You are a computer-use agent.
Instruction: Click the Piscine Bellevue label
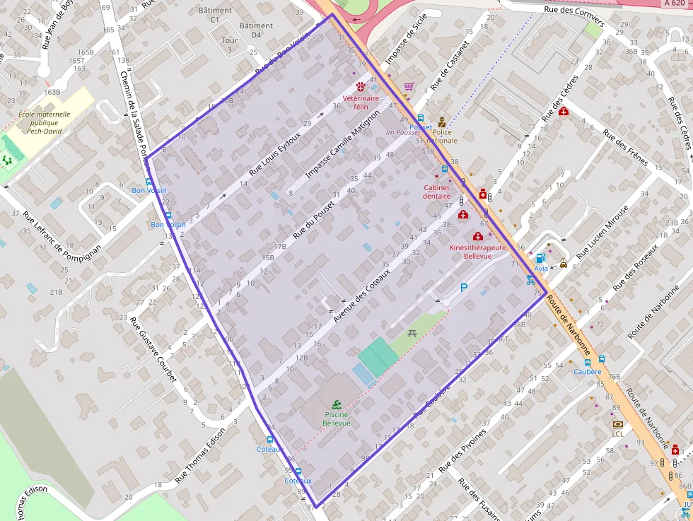click(337, 418)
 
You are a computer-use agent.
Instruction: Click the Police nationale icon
click(442, 122)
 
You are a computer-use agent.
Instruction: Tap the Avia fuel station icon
click(541, 258)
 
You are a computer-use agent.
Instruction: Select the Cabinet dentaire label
click(437, 192)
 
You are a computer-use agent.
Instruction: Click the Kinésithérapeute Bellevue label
click(477, 252)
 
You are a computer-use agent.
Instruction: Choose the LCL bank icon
click(618, 424)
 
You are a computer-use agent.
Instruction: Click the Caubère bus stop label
click(587, 371)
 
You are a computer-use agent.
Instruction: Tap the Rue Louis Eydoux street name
click(276, 153)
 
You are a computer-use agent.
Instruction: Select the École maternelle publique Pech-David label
click(44, 122)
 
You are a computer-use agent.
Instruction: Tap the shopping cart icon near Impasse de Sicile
click(409, 86)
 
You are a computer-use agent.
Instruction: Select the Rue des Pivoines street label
click(463, 450)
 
